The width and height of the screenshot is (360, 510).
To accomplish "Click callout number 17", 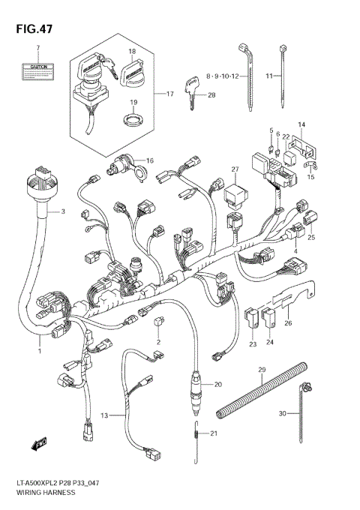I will coord(169,94).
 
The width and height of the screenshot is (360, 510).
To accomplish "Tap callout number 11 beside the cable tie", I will coord(271,76).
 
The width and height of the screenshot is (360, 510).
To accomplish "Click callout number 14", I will coord(302,124).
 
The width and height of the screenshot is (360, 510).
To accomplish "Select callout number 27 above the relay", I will coord(235,169).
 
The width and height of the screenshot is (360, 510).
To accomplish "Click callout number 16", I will coord(150,160).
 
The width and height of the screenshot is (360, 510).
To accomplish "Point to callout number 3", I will coord(63,212).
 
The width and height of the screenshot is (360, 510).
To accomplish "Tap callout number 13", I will coord(104,415).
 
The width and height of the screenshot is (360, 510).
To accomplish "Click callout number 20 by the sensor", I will coord(218,385).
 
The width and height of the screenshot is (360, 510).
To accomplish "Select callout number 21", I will coord(214,434).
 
